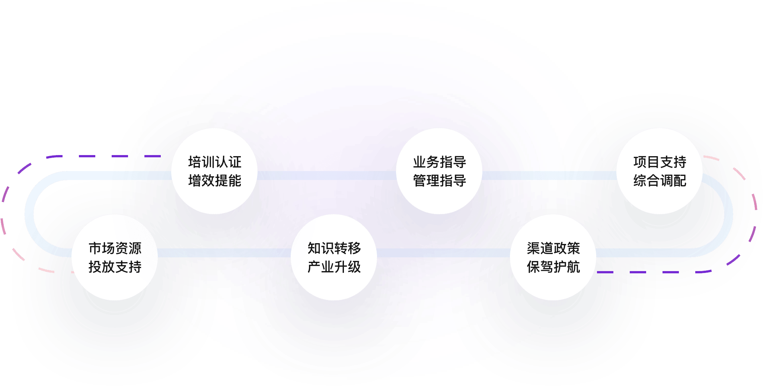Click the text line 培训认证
pos(215,162)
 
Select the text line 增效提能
pos(215,181)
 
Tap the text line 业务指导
pos(440,162)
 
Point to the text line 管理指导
pos(440,181)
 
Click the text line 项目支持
pos(660,162)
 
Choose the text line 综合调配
pos(660,181)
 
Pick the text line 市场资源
pos(115,248)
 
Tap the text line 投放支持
pos(115,267)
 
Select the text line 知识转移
pos(334,248)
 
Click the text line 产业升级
pos(334,267)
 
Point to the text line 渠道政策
pos(553,248)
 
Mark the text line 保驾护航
pos(553,267)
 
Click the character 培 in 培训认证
pos(195,162)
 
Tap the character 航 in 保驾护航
pos(574,267)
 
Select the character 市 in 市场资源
pos(95,248)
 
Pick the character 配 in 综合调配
pos(680,181)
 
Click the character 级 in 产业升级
pos(354,267)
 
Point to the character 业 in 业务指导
pos(419,162)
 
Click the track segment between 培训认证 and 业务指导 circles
pos(327,176)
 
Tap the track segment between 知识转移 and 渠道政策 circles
pos(443,253)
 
